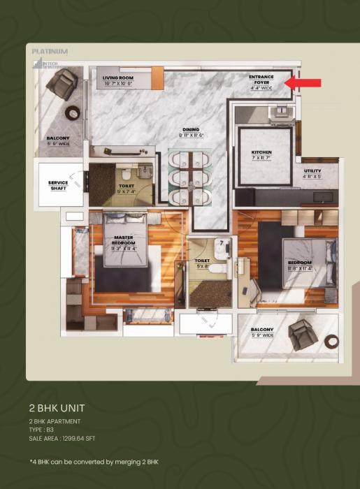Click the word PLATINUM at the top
(x=50, y=51)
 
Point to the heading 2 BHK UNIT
(x=57, y=407)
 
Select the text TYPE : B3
(x=41, y=430)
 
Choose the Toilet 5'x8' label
(x=202, y=263)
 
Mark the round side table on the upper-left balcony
(x=72, y=112)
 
